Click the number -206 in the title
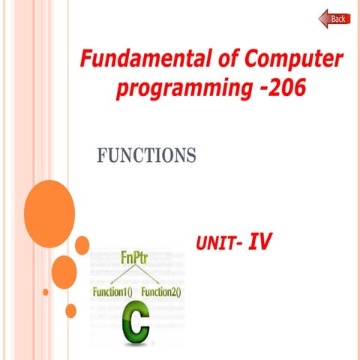[x=278, y=88]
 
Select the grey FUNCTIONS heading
[x=146, y=155]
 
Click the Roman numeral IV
[x=259, y=241]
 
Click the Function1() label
[x=113, y=291]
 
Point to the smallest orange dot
[x=46, y=292]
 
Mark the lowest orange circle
[x=71, y=310]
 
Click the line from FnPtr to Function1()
[x=120, y=275]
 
